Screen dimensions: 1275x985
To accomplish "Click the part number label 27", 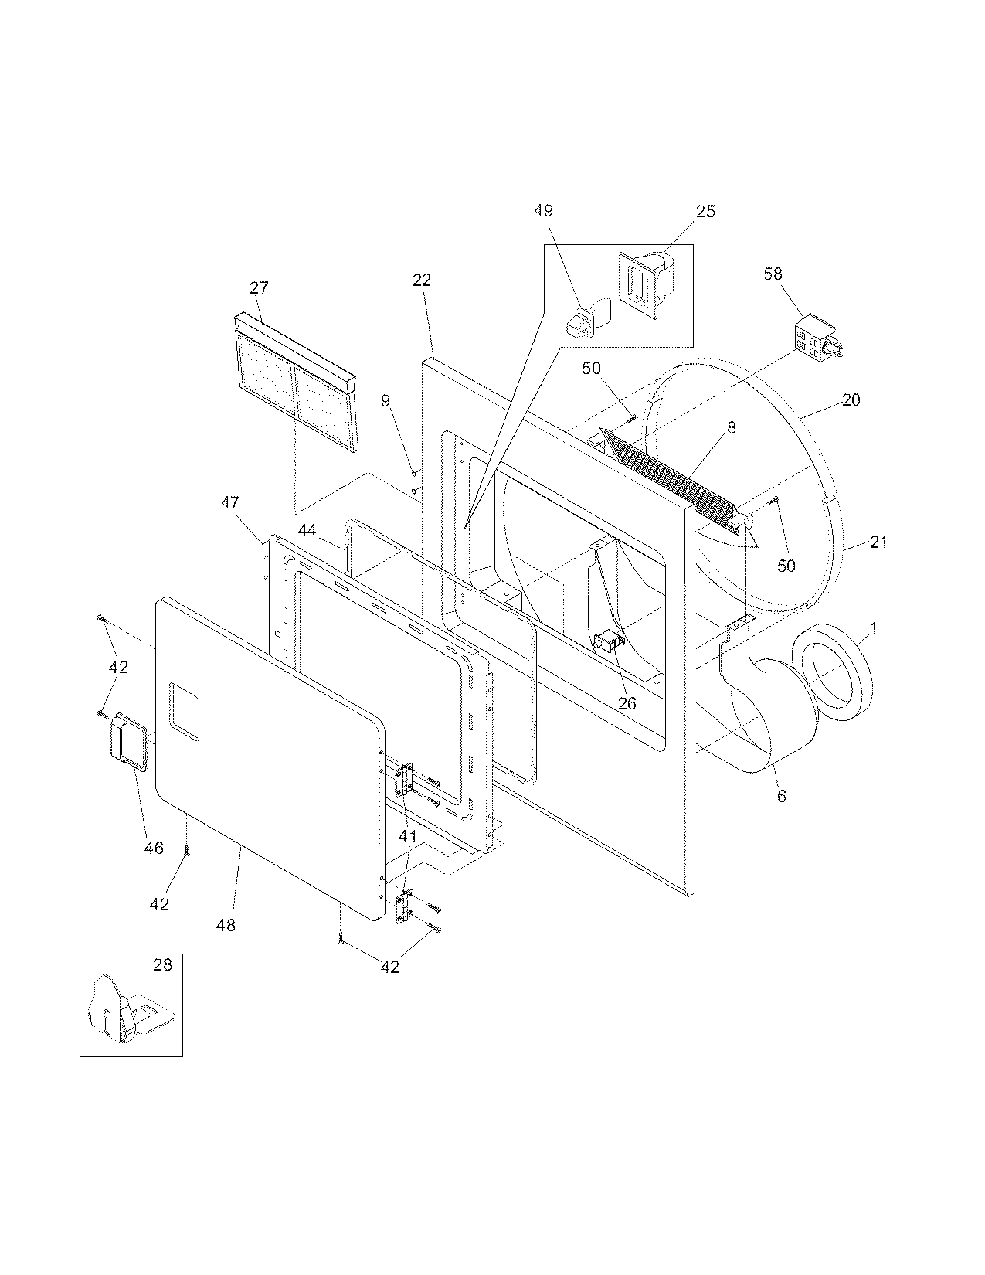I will pos(259,287).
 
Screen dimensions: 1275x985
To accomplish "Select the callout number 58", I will pos(773,274).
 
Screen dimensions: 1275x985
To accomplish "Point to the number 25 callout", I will pos(705,211).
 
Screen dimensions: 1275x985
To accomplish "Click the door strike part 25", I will pos(646,284).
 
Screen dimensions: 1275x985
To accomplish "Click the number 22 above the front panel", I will pos(421,280).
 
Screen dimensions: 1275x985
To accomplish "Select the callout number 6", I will pos(781,796).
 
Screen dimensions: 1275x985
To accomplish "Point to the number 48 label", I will pos(226,924).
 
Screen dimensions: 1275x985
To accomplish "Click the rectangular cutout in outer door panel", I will pos(185,705).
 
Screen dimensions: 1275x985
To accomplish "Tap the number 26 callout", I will pos(627,703).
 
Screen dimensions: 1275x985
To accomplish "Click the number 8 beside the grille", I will pos(731,427).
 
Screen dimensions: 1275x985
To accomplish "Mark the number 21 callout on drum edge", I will pos(878,542).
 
